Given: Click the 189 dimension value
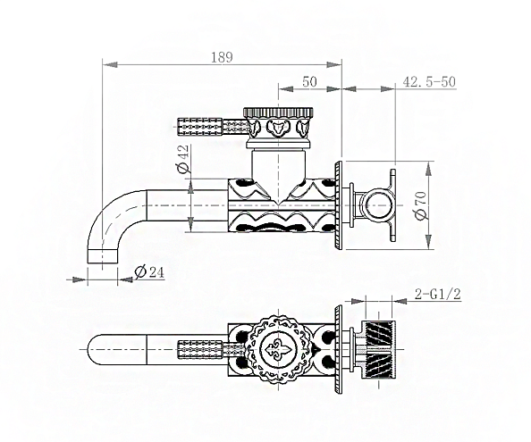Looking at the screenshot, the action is (x=223, y=57).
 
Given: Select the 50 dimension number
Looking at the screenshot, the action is (x=309, y=82).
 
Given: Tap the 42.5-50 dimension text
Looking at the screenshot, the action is (x=429, y=82).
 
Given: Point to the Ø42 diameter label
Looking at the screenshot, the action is (x=182, y=159).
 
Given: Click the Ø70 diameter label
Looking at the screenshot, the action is (x=421, y=205).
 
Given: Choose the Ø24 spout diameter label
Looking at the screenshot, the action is (x=149, y=271).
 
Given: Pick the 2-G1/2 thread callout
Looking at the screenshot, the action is (x=438, y=294).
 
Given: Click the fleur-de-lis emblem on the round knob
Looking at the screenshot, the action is (x=278, y=349).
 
